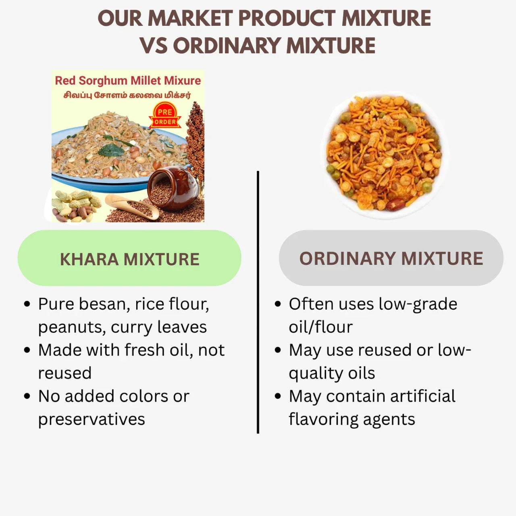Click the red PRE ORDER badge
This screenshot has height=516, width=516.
point(165,116)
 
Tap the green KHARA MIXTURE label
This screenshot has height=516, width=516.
point(129,258)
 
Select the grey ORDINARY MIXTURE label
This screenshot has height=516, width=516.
point(391,258)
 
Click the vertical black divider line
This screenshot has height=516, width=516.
point(258,302)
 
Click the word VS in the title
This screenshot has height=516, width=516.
point(154,46)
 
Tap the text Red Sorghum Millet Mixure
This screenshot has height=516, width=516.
point(128,81)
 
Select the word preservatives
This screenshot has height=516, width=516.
point(92,419)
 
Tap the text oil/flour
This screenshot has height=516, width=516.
point(320,327)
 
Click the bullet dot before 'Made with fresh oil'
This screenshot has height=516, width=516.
point(27,350)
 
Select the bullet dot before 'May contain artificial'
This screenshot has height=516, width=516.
point(278,396)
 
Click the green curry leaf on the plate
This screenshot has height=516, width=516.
point(111,150)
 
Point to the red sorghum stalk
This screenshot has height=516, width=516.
point(196,137)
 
